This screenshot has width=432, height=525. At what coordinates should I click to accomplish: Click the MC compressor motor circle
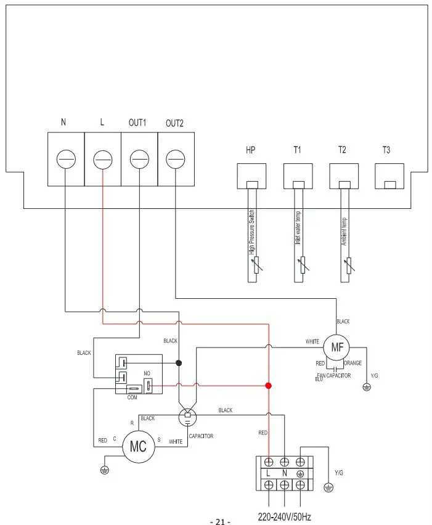[x=138, y=447]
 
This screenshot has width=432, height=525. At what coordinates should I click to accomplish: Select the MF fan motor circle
[x=336, y=347]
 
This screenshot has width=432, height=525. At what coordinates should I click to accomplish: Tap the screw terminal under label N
[x=65, y=160]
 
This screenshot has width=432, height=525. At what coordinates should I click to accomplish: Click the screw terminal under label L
[x=102, y=160]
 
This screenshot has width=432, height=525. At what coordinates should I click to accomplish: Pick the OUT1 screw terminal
[x=139, y=160]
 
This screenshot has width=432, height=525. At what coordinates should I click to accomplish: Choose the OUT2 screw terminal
[x=176, y=160]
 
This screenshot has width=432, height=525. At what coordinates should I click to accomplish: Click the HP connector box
[x=251, y=176]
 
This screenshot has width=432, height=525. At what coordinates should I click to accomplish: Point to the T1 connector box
[x=298, y=176]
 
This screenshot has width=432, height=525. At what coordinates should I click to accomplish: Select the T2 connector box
[x=344, y=176]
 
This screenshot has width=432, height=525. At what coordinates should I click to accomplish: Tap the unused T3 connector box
[x=389, y=176]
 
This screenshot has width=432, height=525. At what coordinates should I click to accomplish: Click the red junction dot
[x=268, y=386]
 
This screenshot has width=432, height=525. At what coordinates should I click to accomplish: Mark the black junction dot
[x=179, y=363]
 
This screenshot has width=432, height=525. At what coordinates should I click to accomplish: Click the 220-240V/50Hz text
[x=284, y=516]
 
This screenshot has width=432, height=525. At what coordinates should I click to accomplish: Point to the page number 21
[x=220, y=522]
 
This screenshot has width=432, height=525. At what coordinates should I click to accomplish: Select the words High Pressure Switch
[x=251, y=232]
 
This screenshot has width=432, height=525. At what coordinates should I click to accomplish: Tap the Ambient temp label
[x=344, y=231]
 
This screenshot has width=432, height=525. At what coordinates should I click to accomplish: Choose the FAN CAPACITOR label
[x=333, y=375]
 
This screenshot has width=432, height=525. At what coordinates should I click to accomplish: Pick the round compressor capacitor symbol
[x=188, y=418]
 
